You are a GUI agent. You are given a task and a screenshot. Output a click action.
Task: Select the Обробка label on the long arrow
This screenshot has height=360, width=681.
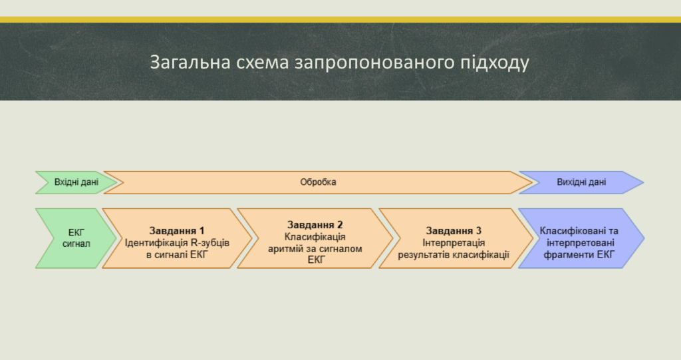click(x=318, y=182)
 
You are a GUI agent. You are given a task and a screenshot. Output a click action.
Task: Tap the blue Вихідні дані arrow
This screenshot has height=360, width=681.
click(x=581, y=182)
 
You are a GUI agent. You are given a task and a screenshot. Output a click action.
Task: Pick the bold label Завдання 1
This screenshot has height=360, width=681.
click(x=177, y=230)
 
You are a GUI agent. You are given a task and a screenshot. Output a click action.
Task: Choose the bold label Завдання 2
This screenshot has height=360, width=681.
click(x=315, y=225)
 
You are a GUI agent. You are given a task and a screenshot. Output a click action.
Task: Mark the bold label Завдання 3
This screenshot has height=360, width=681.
click(x=454, y=230)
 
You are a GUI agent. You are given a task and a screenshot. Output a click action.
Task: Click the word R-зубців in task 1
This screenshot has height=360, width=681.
click(x=204, y=243)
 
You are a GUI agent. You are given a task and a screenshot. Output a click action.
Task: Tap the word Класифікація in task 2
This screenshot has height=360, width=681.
click(x=315, y=237)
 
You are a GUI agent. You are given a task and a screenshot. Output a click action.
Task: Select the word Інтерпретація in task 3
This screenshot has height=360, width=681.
click(x=454, y=243)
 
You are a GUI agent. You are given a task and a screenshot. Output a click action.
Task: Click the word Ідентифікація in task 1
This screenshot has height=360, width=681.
click(x=150, y=243)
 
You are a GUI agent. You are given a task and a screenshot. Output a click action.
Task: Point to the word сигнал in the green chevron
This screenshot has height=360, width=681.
click(x=76, y=244)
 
